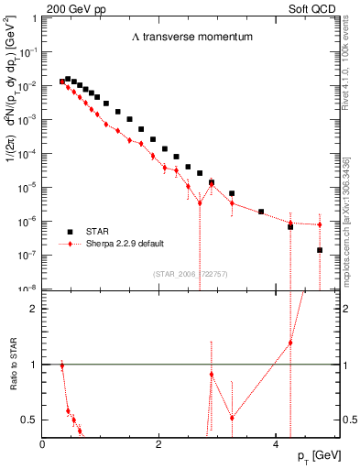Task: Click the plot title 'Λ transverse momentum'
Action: (x=191, y=38)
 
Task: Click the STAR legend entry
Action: (x=95, y=232)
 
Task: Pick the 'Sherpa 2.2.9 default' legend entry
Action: (x=115, y=245)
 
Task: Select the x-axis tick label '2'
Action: (x=159, y=444)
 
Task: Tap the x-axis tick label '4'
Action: (x=276, y=444)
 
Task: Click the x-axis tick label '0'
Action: (x=43, y=444)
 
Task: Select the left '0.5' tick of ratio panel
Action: (x=31, y=420)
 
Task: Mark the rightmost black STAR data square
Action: (x=320, y=250)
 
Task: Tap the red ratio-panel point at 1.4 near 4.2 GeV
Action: (x=290, y=343)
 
